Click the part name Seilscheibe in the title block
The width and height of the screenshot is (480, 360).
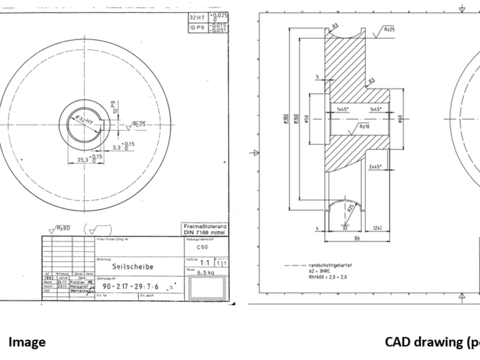(x=132, y=266)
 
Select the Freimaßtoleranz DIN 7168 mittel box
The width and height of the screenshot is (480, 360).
(x=205, y=229)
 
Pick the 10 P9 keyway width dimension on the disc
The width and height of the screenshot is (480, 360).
(x=113, y=107)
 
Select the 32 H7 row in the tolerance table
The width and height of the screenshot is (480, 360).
(x=208, y=18)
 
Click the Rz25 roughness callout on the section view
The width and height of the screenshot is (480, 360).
(x=389, y=29)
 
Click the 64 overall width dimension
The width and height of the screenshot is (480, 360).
(x=357, y=238)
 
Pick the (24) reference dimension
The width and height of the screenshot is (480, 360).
(x=377, y=228)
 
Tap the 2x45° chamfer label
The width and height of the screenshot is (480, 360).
(x=374, y=167)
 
